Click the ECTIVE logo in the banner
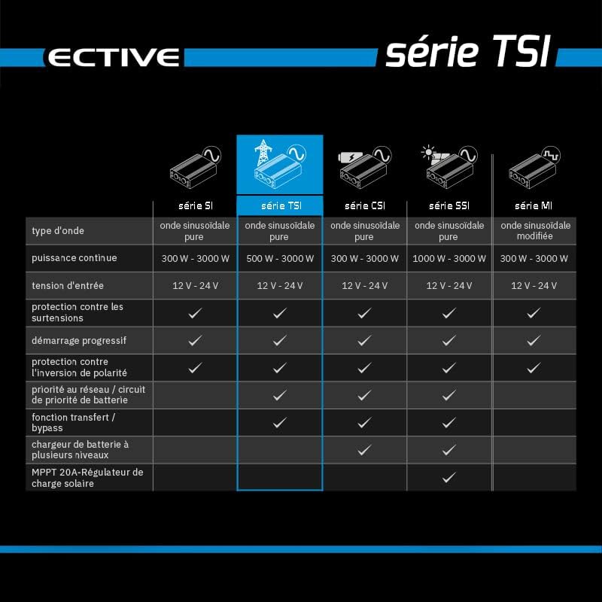[x=113, y=57]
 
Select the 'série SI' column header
[x=195, y=205]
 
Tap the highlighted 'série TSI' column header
[x=280, y=205]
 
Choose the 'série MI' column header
[x=534, y=205]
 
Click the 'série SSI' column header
[x=449, y=205]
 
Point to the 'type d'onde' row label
[x=58, y=230]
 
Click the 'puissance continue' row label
[x=74, y=258]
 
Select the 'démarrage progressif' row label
[x=79, y=340]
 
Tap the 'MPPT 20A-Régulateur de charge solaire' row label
[x=87, y=477]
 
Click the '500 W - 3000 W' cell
[x=280, y=258]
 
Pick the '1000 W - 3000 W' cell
[x=449, y=258]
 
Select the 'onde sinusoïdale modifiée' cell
[x=535, y=230]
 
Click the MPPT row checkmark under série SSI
[x=449, y=477]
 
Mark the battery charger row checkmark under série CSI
[x=364, y=450]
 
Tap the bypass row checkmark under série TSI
[x=280, y=422]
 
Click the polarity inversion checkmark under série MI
[x=534, y=368]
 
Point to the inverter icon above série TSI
[x=280, y=166]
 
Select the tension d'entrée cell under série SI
[x=195, y=285]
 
